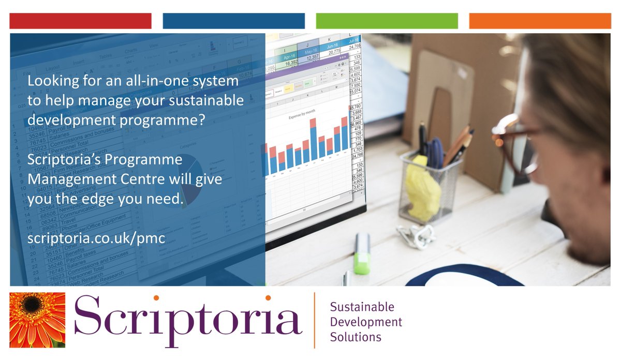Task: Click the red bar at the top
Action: coord(80,21)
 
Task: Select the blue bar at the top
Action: coord(233,21)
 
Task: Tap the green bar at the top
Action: coord(387,21)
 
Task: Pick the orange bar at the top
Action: coord(540,21)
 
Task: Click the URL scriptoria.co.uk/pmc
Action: coord(96,238)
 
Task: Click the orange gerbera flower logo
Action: coord(37,320)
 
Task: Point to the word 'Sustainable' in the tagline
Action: coord(362,307)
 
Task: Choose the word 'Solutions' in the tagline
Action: coord(356,337)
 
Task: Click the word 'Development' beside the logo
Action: coord(366,322)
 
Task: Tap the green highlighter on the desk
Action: coord(362,253)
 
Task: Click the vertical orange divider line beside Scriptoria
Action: coord(314,320)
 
